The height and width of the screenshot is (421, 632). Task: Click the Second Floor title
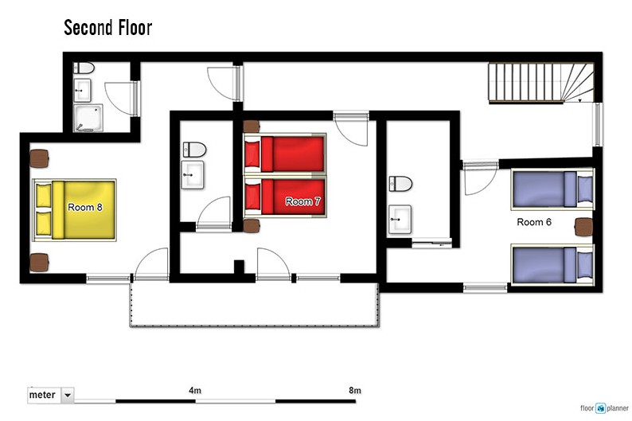(x=108, y=28)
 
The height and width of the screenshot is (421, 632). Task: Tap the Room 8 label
(x=85, y=207)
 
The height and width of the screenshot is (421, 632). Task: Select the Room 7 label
(x=302, y=201)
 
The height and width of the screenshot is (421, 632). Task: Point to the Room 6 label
(x=534, y=222)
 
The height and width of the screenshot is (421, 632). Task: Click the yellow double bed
(x=74, y=210)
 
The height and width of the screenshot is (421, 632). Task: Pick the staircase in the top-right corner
(x=541, y=83)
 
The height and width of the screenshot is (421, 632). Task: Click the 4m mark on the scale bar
(x=195, y=391)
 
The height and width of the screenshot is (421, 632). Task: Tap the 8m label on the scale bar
(x=355, y=391)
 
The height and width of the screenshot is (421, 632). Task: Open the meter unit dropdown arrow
(x=68, y=395)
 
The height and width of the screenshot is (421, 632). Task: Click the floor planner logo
(x=604, y=408)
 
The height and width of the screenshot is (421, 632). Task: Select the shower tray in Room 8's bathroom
(x=88, y=118)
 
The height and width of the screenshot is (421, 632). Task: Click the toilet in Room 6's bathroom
(x=400, y=184)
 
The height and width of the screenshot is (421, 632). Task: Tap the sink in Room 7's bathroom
(x=193, y=175)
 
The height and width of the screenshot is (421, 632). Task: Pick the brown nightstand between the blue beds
(x=583, y=227)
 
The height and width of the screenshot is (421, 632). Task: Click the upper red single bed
(x=285, y=154)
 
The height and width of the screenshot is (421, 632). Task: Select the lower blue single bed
(x=552, y=265)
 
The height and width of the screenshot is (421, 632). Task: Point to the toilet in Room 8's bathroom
(x=84, y=68)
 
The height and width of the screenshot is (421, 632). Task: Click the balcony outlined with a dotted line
(x=255, y=305)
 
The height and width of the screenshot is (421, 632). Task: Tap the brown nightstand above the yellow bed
(x=40, y=158)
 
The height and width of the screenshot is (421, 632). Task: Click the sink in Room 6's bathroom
(x=400, y=220)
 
